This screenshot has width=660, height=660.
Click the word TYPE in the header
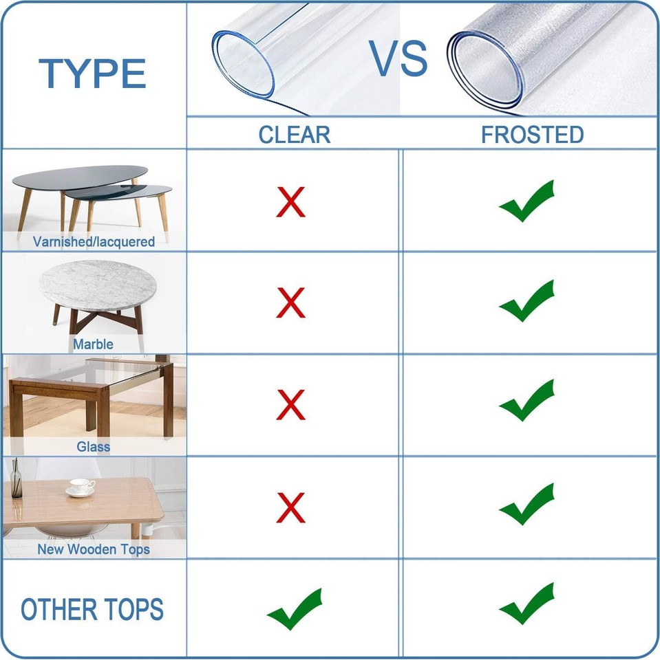pyautogui.click(x=92, y=74)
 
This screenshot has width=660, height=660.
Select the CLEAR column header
pyautogui.click(x=294, y=134)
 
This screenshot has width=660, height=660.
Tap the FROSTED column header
pyautogui.click(x=532, y=134)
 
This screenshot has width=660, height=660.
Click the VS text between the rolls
pyautogui.click(x=399, y=59)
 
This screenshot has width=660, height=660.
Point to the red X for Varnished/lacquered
pyautogui.click(x=291, y=202)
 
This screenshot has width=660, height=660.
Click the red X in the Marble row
pyautogui.click(x=291, y=303)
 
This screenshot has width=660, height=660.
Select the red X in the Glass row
pyautogui.click(x=291, y=405)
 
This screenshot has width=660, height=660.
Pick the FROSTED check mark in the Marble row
pyautogui.click(x=526, y=302)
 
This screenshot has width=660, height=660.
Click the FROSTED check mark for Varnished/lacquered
pyautogui.click(x=526, y=201)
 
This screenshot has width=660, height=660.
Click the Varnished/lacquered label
pyautogui.click(x=94, y=242)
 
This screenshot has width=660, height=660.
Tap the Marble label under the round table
pyautogui.click(x=93, y=344)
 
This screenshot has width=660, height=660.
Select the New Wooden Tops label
pyautogui.click(x=94, y=549)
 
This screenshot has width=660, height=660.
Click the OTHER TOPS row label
pyautogui.click(x=92, y=610)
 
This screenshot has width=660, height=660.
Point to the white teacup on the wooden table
pyautogui.click(x=81, y=487)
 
